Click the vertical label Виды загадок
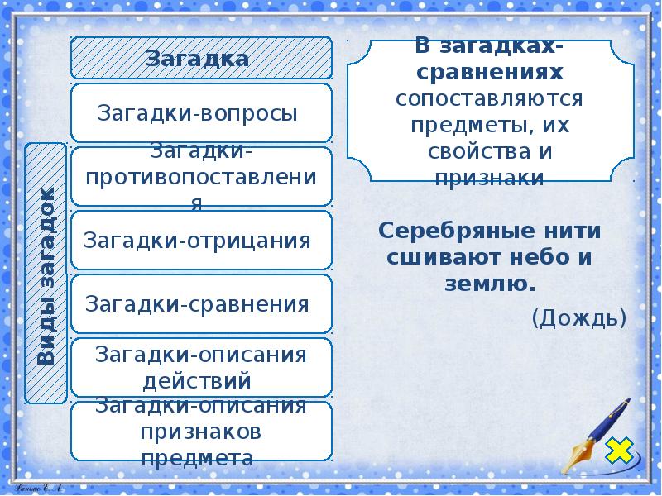46,274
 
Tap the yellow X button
618,451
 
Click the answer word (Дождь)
578,317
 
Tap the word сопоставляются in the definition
491,99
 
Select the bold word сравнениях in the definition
491,73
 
